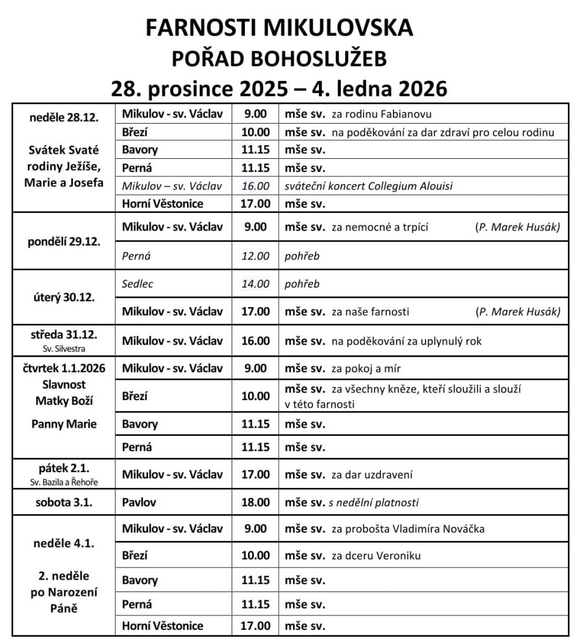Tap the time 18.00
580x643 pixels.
click(x=255, y=502)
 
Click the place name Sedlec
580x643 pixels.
click(x=137, y=284)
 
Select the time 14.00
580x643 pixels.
click(x=255, y=284)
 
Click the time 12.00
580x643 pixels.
click(x=255, y=256)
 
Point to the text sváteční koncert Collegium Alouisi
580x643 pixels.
click(x=368, y=186)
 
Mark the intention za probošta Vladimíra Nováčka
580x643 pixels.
click(x=408, y=529)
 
